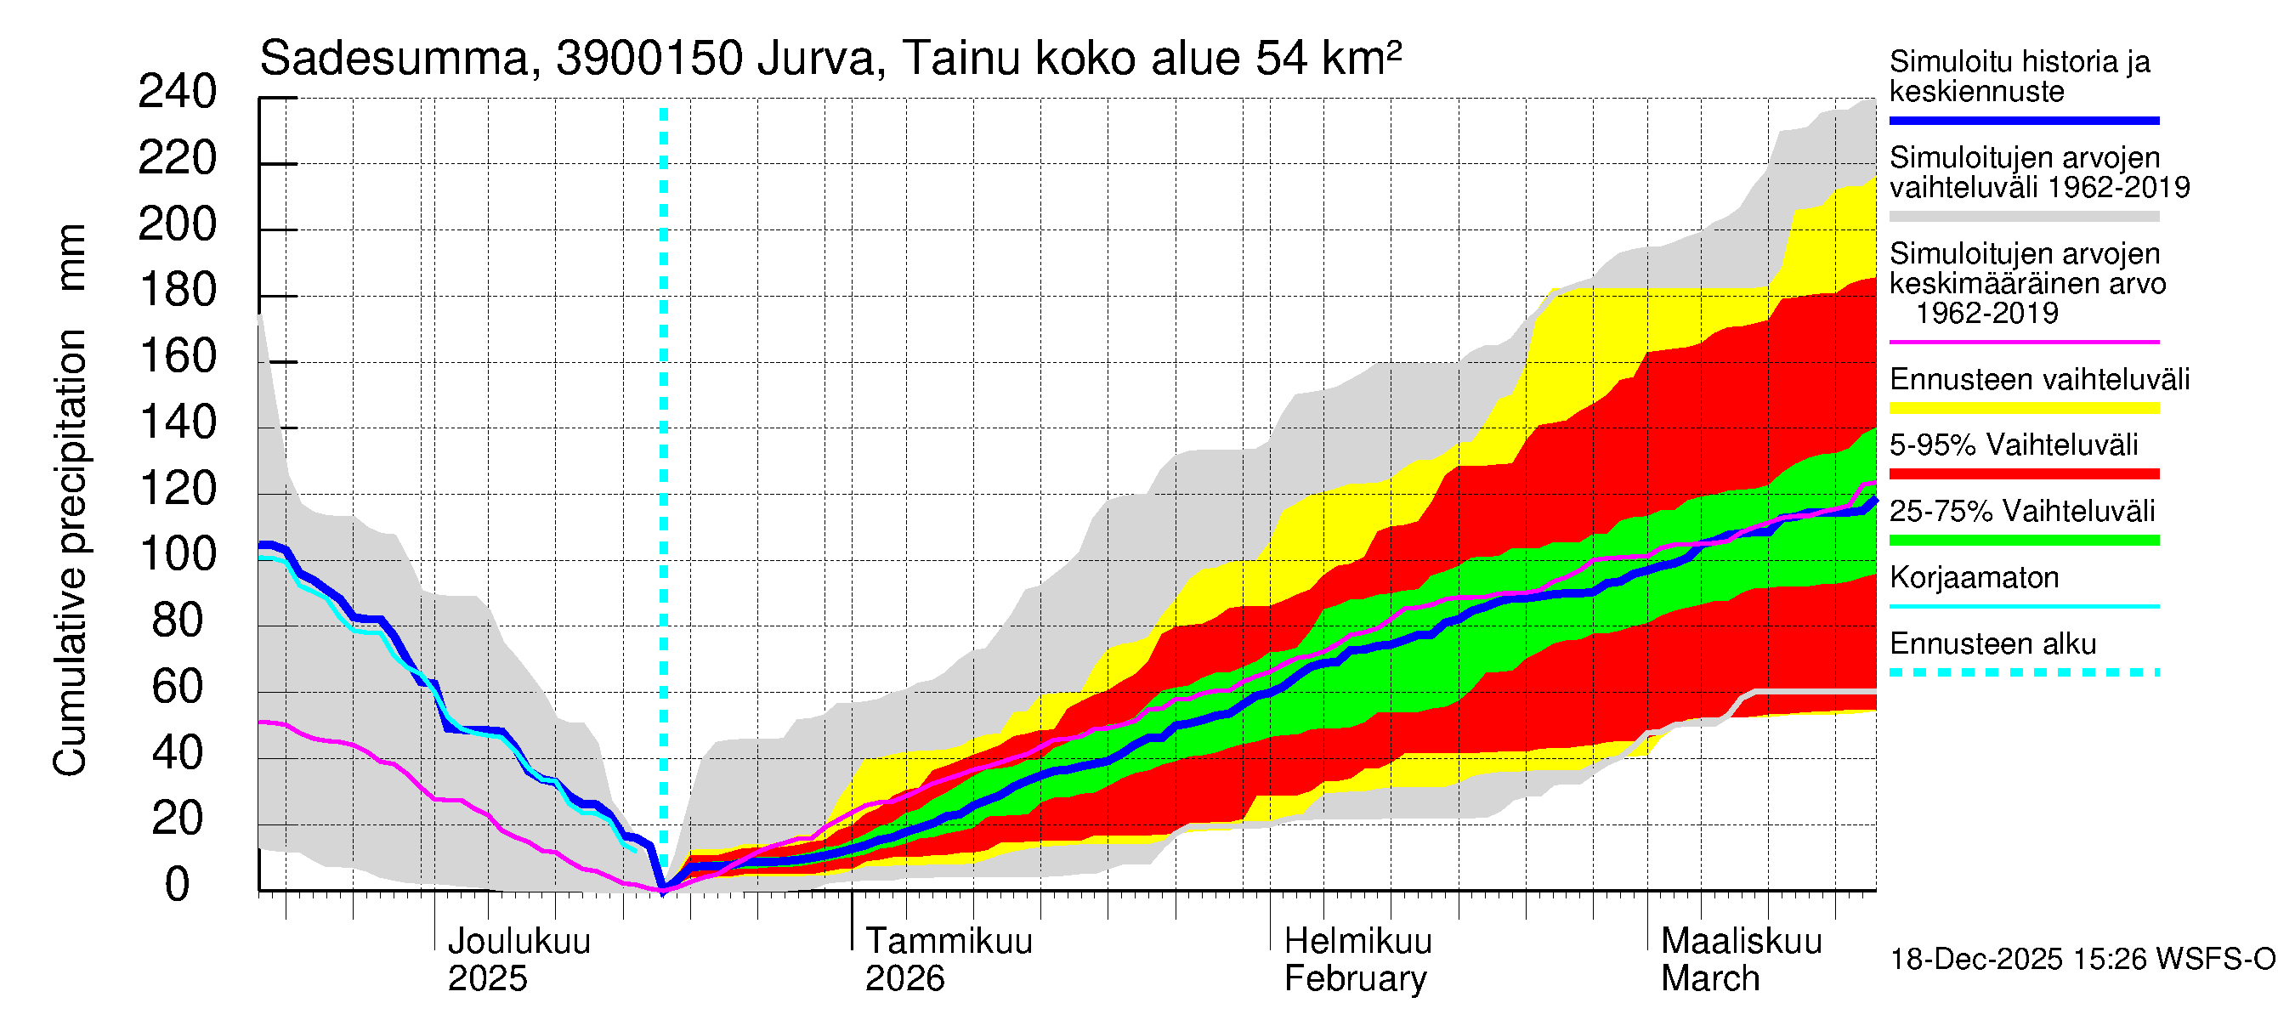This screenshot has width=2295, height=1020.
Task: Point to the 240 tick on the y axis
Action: tap(178, 93)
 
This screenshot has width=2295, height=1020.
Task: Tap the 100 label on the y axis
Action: tap(178, 555)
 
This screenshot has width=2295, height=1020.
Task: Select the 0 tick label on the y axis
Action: tap(178, 886)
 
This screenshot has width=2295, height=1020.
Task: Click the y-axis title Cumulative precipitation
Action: tap(70, 552)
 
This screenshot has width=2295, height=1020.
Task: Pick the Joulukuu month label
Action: tap(518, 942)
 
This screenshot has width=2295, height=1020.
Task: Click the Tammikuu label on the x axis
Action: tap(949, 942)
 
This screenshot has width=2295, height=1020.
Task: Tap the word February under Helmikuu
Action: tap(1355, 979)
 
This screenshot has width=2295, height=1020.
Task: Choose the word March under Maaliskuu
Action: tap(1709, 979)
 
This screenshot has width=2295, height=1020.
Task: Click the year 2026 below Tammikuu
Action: tap(904, 979)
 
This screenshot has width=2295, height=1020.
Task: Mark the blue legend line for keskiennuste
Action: tap(2023, 120)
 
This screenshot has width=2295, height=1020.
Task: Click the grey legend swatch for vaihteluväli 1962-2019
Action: tap(2023, 217)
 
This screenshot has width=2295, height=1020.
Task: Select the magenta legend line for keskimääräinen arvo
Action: tap(2023, 342)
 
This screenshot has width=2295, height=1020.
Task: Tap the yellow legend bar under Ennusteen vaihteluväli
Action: tap(2023, 408)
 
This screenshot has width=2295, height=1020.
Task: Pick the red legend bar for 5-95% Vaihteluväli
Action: tap(2023, 474)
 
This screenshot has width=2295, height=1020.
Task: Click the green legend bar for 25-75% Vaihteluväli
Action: tap(2023, 540)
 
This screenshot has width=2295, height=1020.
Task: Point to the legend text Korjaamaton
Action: tap(1974, 578)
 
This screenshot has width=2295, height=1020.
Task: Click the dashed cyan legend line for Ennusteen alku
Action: tap(2023, 672)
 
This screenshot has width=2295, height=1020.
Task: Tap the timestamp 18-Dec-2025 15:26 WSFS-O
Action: tap(2082, 960)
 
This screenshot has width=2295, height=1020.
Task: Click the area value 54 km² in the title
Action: tap(1328, 59)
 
